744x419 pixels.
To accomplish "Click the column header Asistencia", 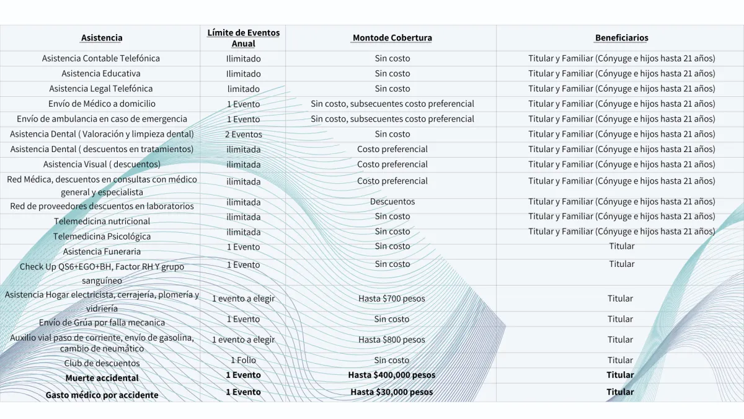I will coord(102,38).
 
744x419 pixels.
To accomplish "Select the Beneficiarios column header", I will coord(621,38).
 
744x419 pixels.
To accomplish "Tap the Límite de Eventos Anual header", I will coord(243,38).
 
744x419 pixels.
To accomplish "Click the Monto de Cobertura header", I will coord(392,38).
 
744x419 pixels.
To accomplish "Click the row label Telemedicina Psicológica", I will coord(102,237).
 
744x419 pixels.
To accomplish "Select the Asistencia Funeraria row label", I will coord(102,251).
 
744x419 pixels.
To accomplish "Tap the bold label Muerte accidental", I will coord(102,378).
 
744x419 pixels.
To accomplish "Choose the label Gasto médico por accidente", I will coord(102,395).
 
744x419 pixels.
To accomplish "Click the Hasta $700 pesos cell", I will coord(392,299).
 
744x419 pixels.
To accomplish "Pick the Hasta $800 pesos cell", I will coord(392,340).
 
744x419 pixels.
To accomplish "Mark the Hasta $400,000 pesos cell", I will coord(392,375).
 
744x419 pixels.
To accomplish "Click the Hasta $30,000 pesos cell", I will coord(392,392).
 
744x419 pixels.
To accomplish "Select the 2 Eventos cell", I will coord(243,134).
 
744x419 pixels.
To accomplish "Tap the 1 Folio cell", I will coord(243,360).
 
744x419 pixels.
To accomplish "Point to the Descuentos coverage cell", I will coord(392,202).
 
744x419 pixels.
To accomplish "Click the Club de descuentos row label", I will coord(102,363).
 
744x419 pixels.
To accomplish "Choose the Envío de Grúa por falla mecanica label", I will coord(102,323).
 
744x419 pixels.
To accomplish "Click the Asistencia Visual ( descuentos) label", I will coord(102,164).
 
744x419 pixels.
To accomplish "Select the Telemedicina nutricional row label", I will coord(102,222).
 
